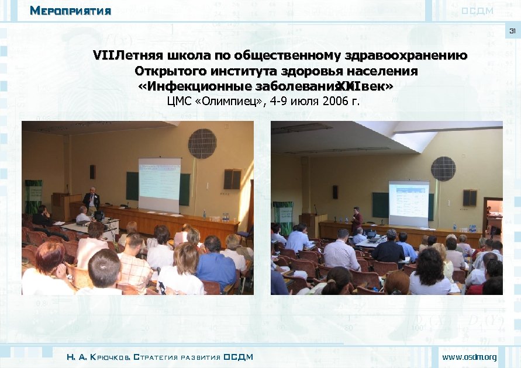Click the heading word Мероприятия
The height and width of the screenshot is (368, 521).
(x=70, y=11)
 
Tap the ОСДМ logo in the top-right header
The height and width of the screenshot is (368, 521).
(x=478, y=11)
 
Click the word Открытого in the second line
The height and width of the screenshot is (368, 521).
(x=170, y=71)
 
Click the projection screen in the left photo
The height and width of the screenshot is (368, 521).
(x=158, y=185)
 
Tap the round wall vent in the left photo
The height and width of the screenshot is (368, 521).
(x=202, y=144)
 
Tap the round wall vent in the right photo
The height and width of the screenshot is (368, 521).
(x=443, y=169)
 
